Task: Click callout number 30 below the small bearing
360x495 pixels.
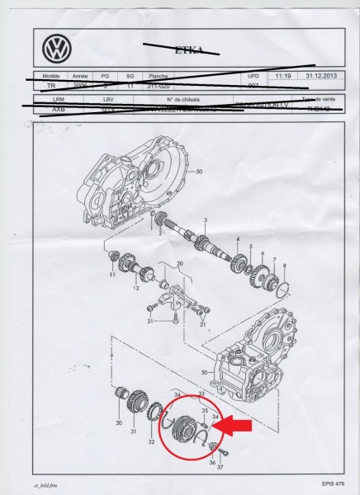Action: point(119,424)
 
